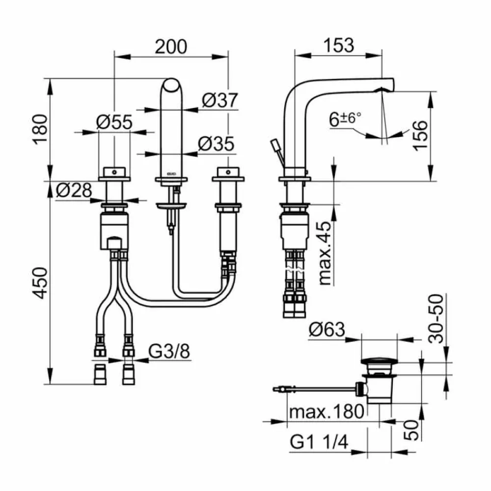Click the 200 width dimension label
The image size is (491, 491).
(171, 46)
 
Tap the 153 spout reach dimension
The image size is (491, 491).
(338, 45)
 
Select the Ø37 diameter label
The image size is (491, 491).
(219, 101)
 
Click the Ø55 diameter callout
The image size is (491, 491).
(114, 122)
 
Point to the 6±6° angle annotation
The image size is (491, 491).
(345, 119)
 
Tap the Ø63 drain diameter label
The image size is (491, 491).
(327, 330)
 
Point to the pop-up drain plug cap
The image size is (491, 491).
(377, 362)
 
